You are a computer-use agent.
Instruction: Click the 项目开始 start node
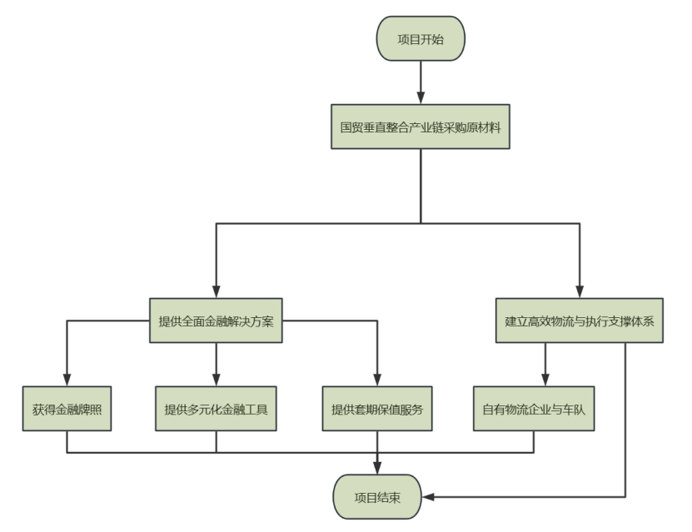point(421,38)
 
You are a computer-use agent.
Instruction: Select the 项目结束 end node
point(377,497)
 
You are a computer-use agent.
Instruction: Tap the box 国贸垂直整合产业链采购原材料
point(421,128)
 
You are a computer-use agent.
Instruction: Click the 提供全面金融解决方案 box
point(216,321)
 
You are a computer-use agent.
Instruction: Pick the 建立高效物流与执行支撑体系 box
point(580,321)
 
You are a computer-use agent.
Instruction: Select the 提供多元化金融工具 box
point(216,410)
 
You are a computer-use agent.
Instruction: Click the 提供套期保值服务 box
point(377,410)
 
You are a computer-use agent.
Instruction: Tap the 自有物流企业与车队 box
point(534,410)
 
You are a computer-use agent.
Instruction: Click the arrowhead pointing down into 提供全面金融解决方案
point(216,292)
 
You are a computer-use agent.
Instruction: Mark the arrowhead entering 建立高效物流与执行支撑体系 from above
point(580,292)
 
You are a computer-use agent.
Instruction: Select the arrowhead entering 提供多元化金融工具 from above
point(216,381)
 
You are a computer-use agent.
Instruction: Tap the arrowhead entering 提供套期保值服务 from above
point(377,381)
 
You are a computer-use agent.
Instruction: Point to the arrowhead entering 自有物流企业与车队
point(545,381)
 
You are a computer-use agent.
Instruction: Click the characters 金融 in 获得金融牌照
point(67,410)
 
